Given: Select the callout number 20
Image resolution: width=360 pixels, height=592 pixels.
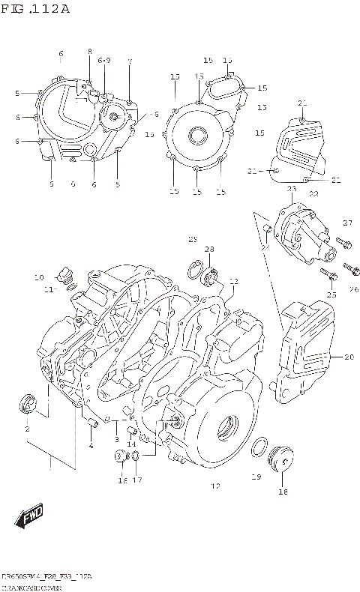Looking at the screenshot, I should click(348, 357).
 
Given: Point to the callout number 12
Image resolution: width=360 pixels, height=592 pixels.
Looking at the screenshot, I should click(215, 486).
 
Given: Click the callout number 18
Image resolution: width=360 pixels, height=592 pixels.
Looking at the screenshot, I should click(283, 492).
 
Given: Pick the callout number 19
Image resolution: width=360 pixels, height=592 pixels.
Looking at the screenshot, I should click(256, 477).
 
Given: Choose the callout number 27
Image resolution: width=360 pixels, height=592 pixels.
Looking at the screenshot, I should click(347, 223).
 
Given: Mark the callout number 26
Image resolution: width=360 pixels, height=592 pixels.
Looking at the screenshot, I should click(353, 289).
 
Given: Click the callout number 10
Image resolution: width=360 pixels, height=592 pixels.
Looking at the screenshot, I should click(39, 278).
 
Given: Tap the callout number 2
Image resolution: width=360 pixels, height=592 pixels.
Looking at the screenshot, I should click(26, 429).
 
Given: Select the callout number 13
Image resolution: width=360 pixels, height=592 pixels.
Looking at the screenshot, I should click(234, 282).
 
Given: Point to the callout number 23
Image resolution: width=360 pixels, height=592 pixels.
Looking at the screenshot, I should click(292, 190).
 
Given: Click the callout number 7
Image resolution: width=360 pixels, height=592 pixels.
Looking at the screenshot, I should click(129, 61).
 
